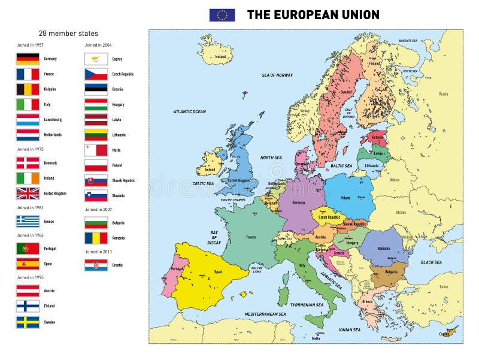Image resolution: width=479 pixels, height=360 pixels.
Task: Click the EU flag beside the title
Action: coord(222,15)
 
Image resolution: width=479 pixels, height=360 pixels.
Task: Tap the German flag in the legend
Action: coord(28,59)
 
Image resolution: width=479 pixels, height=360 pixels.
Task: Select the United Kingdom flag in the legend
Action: coord(28,193)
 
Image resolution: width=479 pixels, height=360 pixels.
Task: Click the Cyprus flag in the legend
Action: coord(96,59)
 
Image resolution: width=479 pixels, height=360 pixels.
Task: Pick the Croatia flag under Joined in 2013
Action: coord(96,265)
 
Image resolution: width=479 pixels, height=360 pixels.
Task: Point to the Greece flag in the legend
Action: coord(28,221)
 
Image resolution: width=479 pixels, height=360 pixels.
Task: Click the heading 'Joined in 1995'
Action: coord(30,278)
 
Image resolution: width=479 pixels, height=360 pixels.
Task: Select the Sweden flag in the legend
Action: coord(28,322)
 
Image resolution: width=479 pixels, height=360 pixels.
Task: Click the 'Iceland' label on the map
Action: coord(220,57)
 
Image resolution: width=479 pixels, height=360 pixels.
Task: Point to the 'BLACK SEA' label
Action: coord(431,262)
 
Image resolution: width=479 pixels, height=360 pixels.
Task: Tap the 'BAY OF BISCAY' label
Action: coord(215,237)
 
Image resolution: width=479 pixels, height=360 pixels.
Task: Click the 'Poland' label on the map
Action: coord(345,197)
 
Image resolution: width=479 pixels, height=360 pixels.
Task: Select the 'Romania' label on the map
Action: coord(384,247)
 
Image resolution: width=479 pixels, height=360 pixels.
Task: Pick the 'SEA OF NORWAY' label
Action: coord(277,75)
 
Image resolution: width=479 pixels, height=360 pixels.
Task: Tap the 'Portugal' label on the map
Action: coord(177,268)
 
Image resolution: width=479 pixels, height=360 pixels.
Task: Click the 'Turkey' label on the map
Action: coord(443,286)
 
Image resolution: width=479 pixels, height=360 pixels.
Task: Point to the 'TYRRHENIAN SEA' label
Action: coord(307,305)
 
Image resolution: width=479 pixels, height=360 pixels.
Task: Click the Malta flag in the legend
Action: coord(96,149)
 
